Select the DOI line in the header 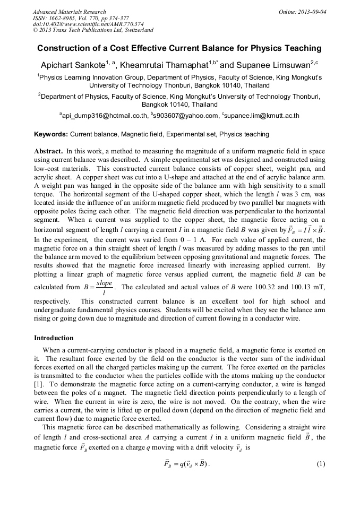[x=88, y=24]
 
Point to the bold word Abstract [x=49, y=151]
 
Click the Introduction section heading [x=54, y=338]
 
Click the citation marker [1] [x=38, y=383]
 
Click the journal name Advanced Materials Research [x=69, y=12]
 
